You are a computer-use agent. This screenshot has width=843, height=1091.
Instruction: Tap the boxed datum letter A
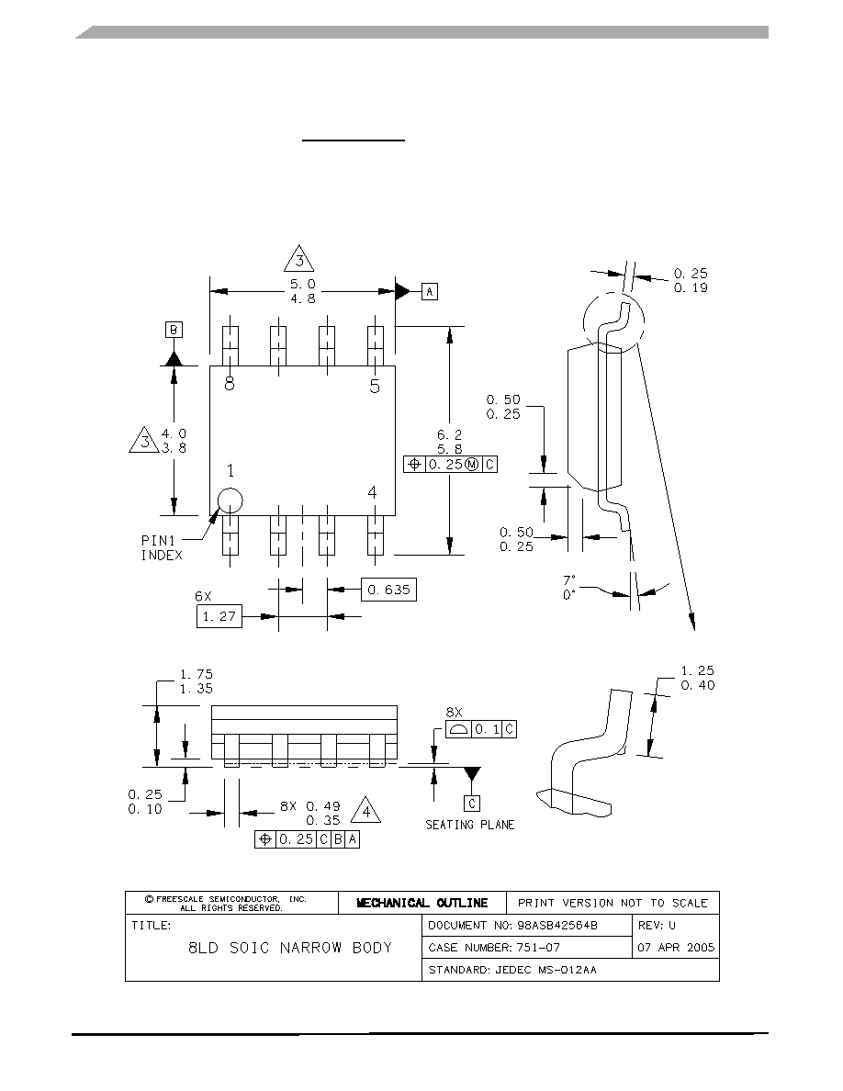(429, 291)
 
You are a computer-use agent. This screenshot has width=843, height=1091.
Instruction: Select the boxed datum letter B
(174, 329)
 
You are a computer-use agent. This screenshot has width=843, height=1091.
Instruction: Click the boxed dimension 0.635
(388, 590)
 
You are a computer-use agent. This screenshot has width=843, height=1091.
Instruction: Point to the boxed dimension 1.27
(219, 616)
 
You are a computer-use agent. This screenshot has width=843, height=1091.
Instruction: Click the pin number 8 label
(230, 383)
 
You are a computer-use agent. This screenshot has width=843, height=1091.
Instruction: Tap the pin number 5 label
(375, 386)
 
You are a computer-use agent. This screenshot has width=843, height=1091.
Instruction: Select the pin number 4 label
(372, 492)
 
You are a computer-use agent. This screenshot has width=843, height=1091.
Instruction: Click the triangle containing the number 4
(365, 811)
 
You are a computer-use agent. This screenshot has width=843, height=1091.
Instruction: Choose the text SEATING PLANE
(470, 825)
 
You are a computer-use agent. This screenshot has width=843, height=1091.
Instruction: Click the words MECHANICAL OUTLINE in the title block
(422, 903)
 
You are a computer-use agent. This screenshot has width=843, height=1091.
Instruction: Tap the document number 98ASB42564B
(557, 926)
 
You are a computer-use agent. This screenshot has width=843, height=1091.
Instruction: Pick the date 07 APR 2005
(676, 948)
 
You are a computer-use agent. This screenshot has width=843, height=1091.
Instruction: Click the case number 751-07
(538, 948)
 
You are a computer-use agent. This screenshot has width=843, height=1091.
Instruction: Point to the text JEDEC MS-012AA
(546, 970)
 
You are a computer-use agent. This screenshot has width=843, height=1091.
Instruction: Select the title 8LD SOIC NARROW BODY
(290, 948)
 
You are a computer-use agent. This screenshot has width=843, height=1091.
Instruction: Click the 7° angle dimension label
(569, 579)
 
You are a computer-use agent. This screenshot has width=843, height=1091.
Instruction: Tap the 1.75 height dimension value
(197, 674)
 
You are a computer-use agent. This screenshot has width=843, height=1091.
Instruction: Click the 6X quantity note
(203, 596)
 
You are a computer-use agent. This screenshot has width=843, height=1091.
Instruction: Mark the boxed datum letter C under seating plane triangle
(472, 804)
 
